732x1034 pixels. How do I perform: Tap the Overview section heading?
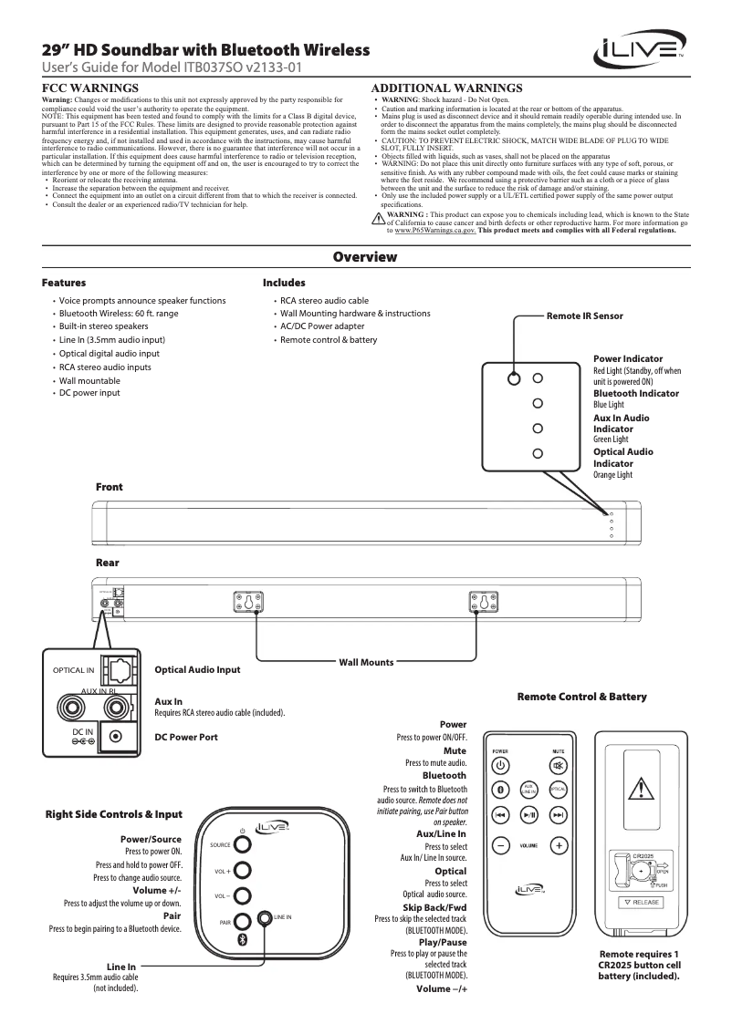(365, 257)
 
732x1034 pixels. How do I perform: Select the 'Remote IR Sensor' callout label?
(584, 315)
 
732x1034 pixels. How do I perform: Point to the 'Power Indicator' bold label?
(628, 359)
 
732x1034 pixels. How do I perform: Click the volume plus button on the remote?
(559, 845)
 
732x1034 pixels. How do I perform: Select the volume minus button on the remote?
(500, 845)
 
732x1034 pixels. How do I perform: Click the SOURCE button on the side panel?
(242, 844)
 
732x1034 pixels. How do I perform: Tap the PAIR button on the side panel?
(242, 921)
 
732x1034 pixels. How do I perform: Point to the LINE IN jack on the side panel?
(265, 917)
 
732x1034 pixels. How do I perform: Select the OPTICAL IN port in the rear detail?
(118, 672)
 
